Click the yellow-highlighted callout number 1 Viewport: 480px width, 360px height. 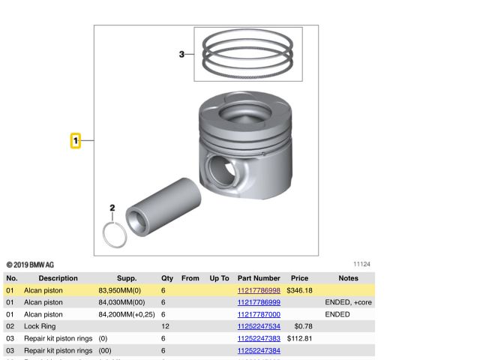pos(76,141)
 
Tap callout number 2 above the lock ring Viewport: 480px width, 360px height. pos(112,208)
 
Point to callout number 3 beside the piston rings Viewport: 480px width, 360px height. pos(181,54)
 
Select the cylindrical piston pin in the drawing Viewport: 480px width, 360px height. pos(163,207)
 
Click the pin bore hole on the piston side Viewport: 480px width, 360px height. pos(221,170)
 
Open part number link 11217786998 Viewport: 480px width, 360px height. pos(259,290)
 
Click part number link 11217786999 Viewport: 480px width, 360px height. pos(259,302)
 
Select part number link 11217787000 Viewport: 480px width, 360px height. pos(259,314)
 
